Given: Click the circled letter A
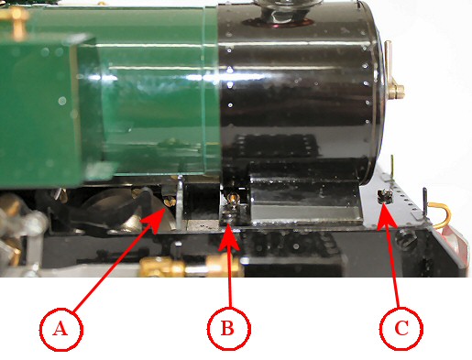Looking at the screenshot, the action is (61, 329).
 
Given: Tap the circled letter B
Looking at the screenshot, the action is (229, 328).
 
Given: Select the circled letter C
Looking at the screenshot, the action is (401, 328).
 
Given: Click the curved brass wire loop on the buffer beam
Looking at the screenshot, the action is (440, 214).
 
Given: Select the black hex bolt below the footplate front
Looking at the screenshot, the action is (406, 238).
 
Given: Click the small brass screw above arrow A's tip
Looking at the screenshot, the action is (170, 201).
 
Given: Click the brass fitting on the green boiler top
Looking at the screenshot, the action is (16, 21).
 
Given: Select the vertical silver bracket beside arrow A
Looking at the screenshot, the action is (181, 202).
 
